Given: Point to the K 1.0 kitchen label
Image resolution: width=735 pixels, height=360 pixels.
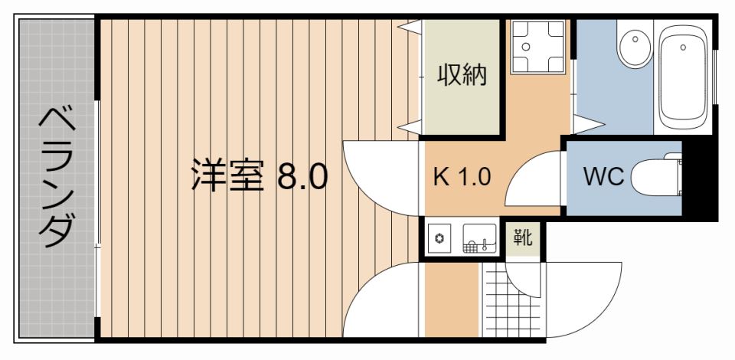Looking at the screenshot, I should coord(462,178).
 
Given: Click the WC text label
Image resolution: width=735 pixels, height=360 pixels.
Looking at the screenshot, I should coord(604,177).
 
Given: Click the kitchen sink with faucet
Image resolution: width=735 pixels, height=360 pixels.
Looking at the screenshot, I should coord(480,239).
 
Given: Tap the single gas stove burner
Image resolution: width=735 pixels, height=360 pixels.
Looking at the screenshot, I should coord(440,238).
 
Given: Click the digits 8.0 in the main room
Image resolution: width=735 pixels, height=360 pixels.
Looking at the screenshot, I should coord(302,177).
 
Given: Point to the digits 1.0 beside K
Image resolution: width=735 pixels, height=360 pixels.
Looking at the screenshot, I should coord(474,178).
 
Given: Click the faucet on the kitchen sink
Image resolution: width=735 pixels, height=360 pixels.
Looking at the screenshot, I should coord(484,245).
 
